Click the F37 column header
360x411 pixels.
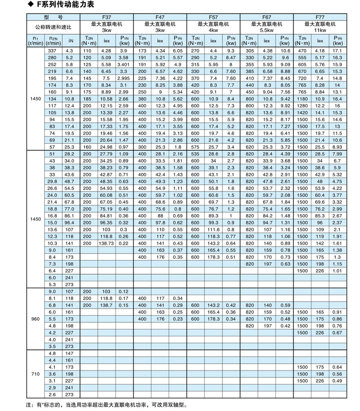coord(106,17)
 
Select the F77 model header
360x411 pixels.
coord(320,17)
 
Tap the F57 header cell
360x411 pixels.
coord(213,17)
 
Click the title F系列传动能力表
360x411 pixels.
coord(58,5)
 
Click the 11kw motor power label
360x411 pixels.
coord(320,30)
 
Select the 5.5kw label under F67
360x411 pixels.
coord(267,30)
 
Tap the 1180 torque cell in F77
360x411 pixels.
coord(302,99)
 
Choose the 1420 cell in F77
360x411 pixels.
coord(302,113)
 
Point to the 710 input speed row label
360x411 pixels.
coord(35,373)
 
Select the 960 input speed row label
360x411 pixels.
coord(35,319)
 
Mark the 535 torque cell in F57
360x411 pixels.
coord(195,154)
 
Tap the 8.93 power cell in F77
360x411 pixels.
coord(338,147)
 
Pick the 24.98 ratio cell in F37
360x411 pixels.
coord(107,147)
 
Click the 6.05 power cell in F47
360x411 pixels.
coord(178,51)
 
